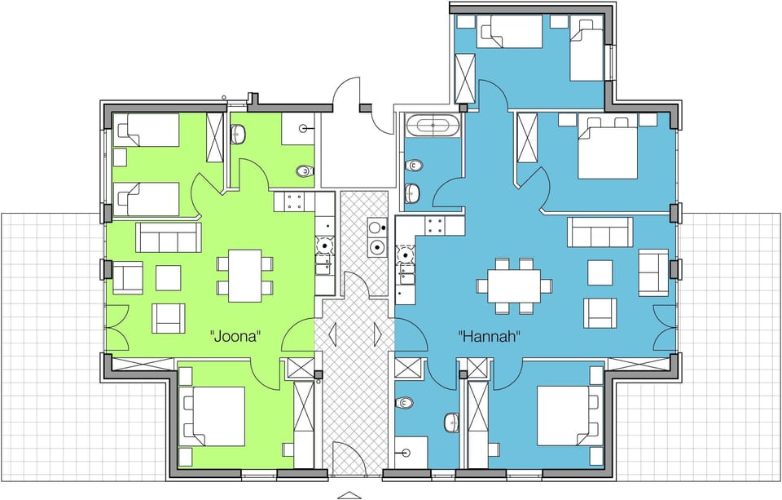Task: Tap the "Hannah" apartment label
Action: click(489, 335)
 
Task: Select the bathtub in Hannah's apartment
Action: click(432, 126)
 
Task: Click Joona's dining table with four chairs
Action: click(244, 275)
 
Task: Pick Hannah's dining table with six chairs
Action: click(514, 285)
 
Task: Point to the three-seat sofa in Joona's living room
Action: click(168, 237)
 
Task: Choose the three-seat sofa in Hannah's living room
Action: click(600, 232)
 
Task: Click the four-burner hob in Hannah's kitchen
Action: click(433, 225)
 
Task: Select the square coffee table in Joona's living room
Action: click(168, 278)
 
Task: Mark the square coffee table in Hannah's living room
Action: click(600, 272)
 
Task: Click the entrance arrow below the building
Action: click(348, 494)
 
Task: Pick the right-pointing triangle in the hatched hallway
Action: click(378, 334)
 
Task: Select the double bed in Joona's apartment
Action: click(213, 416)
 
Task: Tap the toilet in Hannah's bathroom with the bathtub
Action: click(413, 166)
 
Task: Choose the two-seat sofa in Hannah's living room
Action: click(652, 272)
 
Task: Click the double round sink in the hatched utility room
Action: click(376, 237)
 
